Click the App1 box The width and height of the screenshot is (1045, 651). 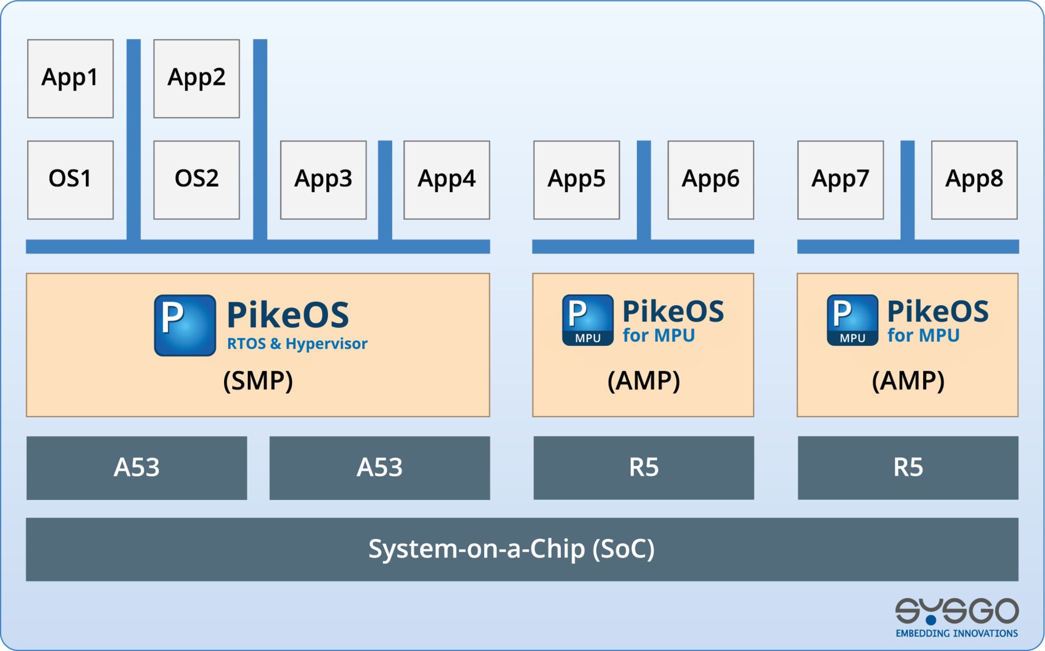[x=70, y=78]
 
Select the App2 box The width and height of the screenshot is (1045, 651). [x=196, y=78]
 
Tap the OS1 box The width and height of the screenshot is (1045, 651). [x=70, y=179]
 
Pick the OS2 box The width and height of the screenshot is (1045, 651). [x=196, y=179]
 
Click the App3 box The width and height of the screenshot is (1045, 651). [x=323, y=179]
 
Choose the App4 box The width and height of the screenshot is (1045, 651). [x=446, y=179]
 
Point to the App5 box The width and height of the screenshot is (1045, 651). [x=576, y=179]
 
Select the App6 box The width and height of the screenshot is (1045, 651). [x=711, y=179]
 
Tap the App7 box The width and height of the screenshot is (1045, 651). [x=840, y=179]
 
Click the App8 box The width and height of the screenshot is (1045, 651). [x=974, y=179]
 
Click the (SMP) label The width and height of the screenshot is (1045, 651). [x=258, y=381]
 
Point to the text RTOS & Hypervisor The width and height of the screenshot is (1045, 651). [x=297, y=343]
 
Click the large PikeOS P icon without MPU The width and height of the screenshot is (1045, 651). [x=185, y=325]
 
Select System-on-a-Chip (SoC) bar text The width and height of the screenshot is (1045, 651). [x=511, y=549]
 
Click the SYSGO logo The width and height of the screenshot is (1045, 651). [x=956, y=611]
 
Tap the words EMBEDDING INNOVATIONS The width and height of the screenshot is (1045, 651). [x=956, y=633]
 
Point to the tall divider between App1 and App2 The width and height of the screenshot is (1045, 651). [x=134, y=139]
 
